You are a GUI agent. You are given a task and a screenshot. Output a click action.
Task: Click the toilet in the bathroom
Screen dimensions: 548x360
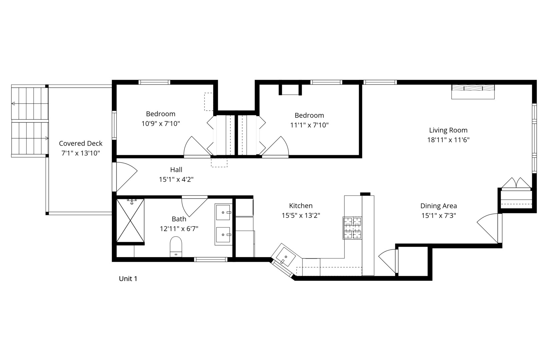tap(176, 247)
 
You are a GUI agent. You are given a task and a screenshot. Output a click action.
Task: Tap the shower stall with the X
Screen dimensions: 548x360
tap(130, 221)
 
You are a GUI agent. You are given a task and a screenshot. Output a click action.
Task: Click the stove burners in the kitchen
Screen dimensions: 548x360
tap(352, 228)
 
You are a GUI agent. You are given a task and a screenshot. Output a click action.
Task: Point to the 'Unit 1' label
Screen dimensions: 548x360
tap(128, 279)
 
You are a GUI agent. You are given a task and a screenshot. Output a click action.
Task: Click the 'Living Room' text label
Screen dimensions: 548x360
tap(448, 130)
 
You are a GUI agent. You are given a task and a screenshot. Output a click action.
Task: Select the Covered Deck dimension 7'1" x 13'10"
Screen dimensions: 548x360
tap(80, 153)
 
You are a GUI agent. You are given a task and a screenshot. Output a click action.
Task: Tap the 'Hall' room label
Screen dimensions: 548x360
tap(176, 169)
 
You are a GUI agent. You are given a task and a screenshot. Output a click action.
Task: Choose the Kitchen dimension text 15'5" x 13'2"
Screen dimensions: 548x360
tap(301, 215)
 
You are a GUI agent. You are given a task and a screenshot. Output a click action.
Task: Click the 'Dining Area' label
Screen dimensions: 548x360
tap(439, 206)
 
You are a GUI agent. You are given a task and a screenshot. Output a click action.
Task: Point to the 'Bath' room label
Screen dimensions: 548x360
tap(179, 219)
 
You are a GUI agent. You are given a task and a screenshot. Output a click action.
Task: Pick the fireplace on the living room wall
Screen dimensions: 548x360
tap(473, 92)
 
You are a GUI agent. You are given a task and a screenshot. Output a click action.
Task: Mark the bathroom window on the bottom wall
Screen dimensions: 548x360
tap(211, 259)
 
